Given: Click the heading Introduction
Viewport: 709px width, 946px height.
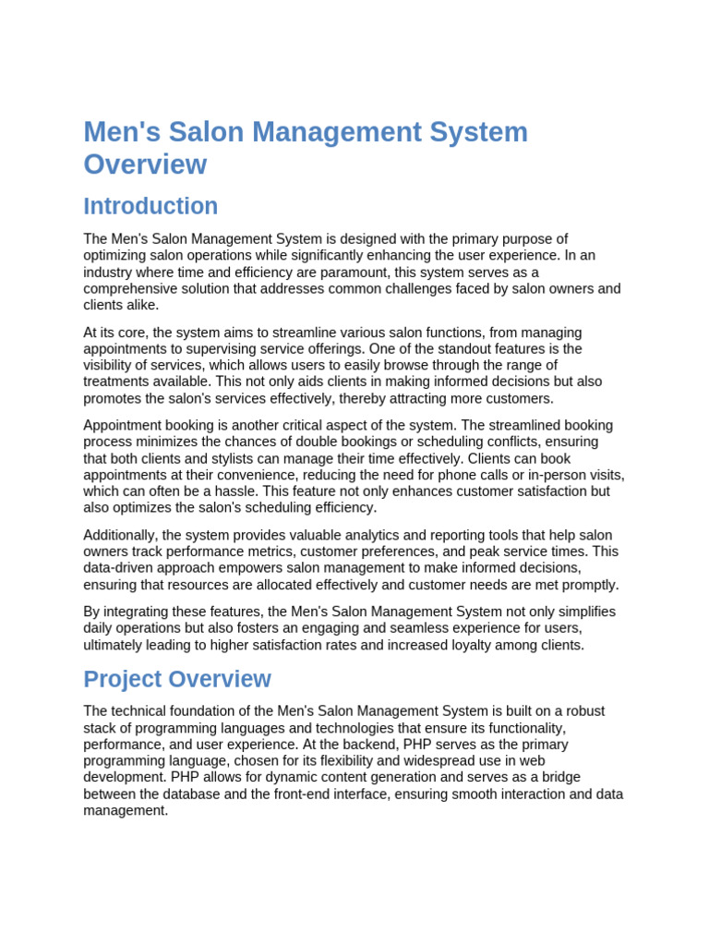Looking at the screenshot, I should [x=150, y=206].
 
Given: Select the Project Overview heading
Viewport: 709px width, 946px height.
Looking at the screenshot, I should [x=177, y=679].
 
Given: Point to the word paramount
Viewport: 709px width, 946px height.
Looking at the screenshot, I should [x=383, y=273].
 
